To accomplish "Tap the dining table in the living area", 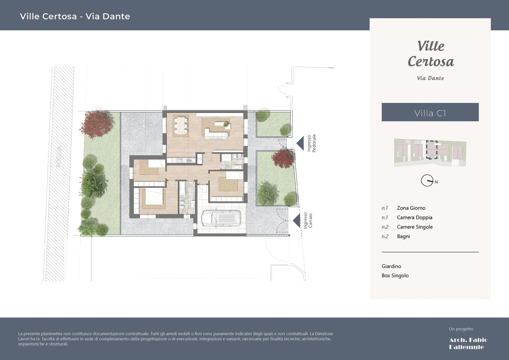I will coord(181,125).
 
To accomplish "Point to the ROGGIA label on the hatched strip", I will coord(59,157).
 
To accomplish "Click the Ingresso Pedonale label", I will coord(311,143).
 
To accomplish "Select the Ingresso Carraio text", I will coord(308,220).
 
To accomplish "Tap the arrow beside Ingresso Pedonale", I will coord(301,143).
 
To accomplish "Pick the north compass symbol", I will coord(427,180).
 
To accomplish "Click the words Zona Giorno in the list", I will coord(411,208).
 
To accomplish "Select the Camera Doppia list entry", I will coord(414,218).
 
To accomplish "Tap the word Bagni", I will coord(403,236).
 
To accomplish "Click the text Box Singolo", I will coord(395,275).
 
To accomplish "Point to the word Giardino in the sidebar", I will coord(391,266).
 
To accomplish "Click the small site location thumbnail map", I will coord(430,152).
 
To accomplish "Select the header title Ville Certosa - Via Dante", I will coord(75,16).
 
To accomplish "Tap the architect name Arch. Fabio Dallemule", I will coord(468,343).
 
